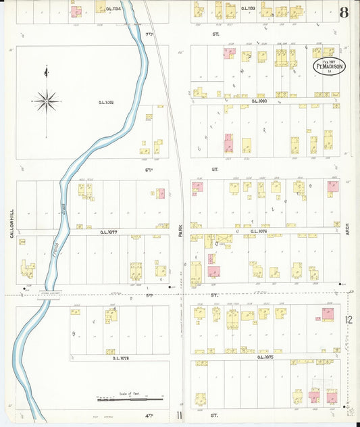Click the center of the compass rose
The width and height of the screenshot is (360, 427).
click(46, 101)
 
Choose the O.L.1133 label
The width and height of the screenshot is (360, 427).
click(247, 9)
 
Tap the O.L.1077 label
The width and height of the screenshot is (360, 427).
click(109, 231)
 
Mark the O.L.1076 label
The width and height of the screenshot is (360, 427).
click(248, 231)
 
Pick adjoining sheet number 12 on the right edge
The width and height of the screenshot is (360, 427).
click(349, 320)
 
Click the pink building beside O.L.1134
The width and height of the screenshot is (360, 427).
click(76, 11)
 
